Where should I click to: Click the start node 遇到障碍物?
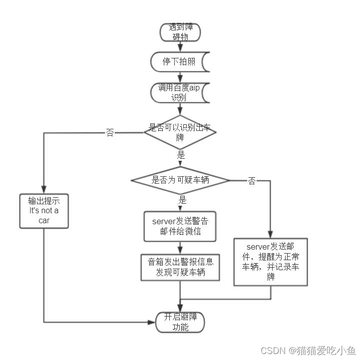(x=180, y=32)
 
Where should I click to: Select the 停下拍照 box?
(x=180, y=62)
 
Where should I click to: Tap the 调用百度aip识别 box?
(x=180, y=92)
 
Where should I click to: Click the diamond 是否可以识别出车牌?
(x=180, y=132)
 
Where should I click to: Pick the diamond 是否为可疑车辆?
(x=180, y=180)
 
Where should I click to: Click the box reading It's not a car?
(x=44, y=211)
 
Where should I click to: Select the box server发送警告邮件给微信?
(x=180, y=226)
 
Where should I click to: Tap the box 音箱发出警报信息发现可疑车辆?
(x=180, y=267)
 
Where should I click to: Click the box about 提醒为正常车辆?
(x=271, y=262)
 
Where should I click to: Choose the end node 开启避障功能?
(x=180, y=323)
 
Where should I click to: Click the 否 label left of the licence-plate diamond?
(x=110, y=133)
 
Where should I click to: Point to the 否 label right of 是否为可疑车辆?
(x=252, y=181)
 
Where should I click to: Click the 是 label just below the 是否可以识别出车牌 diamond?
(x=181, y=155)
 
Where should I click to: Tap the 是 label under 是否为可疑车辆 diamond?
(x=182, y=200)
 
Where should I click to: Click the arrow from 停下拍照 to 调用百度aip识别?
(x=180, y=77)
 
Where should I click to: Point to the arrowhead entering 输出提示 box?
(x=44, y=190)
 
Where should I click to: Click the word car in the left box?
(x=44, y=220)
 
